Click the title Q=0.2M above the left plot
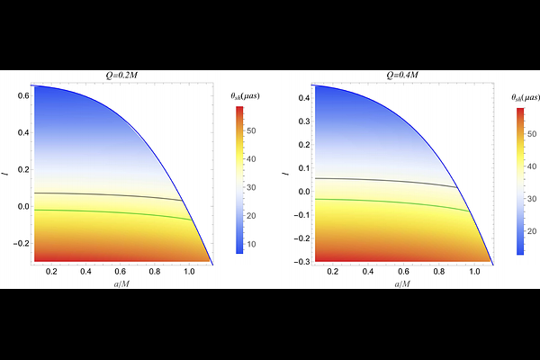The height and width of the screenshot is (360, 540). pyautogui.click(x=123, y=77)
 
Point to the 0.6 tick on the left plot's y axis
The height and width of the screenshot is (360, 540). pyautogui.click(x=24, y=94)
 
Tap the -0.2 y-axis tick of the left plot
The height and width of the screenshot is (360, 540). pyautogui.click(x=22, y=244)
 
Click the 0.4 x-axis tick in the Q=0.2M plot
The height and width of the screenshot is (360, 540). pyautogui.click(x=85, y=272)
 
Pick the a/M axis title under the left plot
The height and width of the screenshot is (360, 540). pyautogui.click(x=122, y=283)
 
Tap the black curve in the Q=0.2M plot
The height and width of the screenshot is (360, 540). pyautogui.click(x=108, y=194)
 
